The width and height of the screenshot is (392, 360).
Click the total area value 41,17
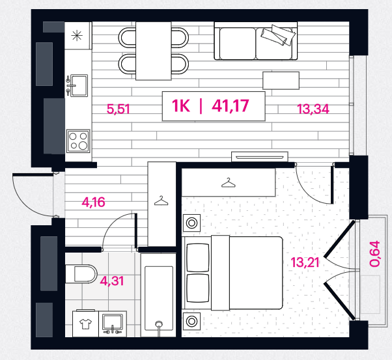[x=231, y=105]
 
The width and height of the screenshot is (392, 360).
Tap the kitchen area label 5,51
[x=119, y=109]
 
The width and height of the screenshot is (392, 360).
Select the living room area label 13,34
[x=313, y=109]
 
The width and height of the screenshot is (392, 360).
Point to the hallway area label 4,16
[x=93, y=202]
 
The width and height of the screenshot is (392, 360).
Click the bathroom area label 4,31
[x=112, y=281]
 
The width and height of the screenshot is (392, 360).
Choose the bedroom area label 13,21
[x=305, y=262]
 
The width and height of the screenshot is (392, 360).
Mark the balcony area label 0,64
[x=375, y=254]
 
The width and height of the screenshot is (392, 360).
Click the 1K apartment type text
[x=181, y=105]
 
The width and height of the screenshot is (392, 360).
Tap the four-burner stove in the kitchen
[x=78, y=141]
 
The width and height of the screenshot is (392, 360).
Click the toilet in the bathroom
[x=81, y=274]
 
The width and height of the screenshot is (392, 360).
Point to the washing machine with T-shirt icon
[x=85, y=324]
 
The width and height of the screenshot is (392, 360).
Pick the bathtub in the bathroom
[x=158, y=296]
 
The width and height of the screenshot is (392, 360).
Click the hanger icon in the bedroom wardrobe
[x=229, y=183]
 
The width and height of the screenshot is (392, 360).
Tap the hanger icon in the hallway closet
[x=161, y=201]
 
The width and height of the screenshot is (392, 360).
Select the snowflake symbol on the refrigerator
[x=77, y=35]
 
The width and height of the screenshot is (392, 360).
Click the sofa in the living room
[x=256, y=41]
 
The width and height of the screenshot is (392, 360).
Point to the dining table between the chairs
[x=154, y=51]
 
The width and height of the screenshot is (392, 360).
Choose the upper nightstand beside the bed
[x=191, y=223]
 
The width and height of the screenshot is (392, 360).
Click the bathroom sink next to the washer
[x=113, y=324]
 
